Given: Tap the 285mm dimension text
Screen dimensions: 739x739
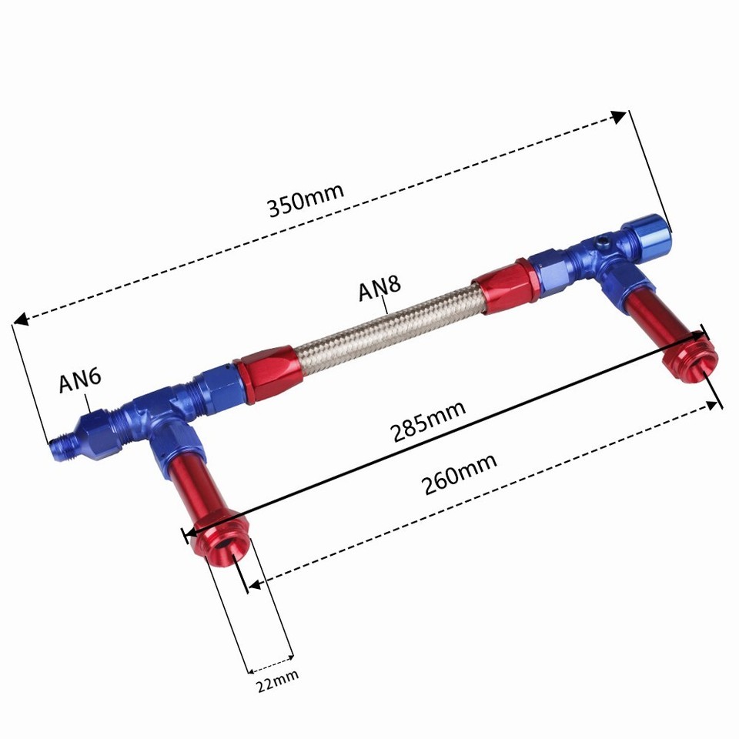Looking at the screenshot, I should [x=429, y=420].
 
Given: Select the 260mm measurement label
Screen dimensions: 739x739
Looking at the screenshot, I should [x=460, y=474].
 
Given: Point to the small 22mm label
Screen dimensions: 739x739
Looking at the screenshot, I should [x=277, y=678].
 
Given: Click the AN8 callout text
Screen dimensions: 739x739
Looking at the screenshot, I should [x=380, y=291].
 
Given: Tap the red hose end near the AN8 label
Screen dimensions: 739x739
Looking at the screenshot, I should [x=503, y=286].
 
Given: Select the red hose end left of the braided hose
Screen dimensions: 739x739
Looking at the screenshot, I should [x=266, y=371].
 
